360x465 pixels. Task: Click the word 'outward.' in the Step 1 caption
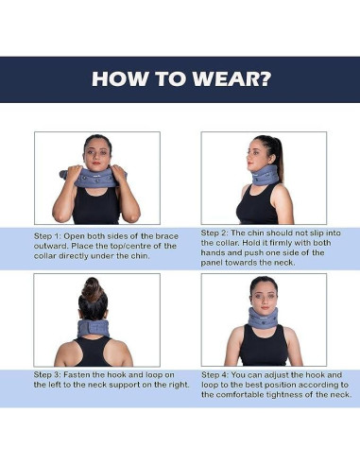coord(53,245)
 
